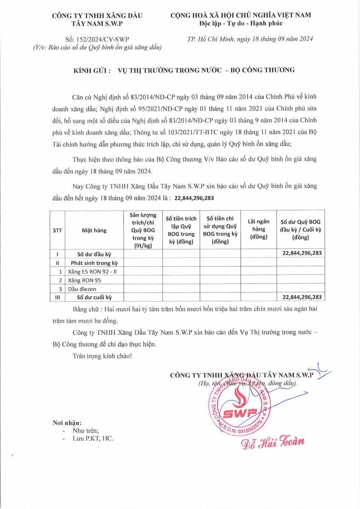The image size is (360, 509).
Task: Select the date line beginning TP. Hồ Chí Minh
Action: tap(250, 39)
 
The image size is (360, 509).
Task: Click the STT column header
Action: tap(57, 230)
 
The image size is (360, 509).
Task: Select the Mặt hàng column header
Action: tap(94, 230)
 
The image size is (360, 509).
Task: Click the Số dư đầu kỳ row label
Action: tap(94, 254)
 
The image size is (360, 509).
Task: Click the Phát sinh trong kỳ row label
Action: tap(94, 263)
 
